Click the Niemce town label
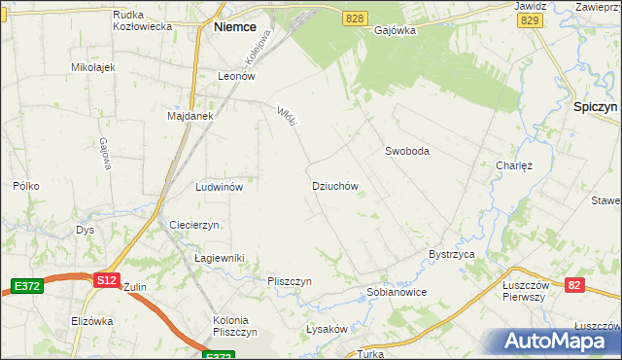pos(234,28)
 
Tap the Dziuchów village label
pos(335,185)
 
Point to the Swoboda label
pos(406,151)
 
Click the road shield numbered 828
pos(356,19)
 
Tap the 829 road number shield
pos(529,19)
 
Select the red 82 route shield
pos(575,284)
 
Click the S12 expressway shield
pos(107,280)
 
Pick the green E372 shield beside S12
pos(26,285)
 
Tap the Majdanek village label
pos(190,116)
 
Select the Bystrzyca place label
pos(451,254)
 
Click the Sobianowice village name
pos(397,292)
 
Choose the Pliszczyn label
pos(289,281)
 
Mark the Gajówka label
pos(395,30)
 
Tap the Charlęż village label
pos(514,165)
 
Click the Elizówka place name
pos(92,321)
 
